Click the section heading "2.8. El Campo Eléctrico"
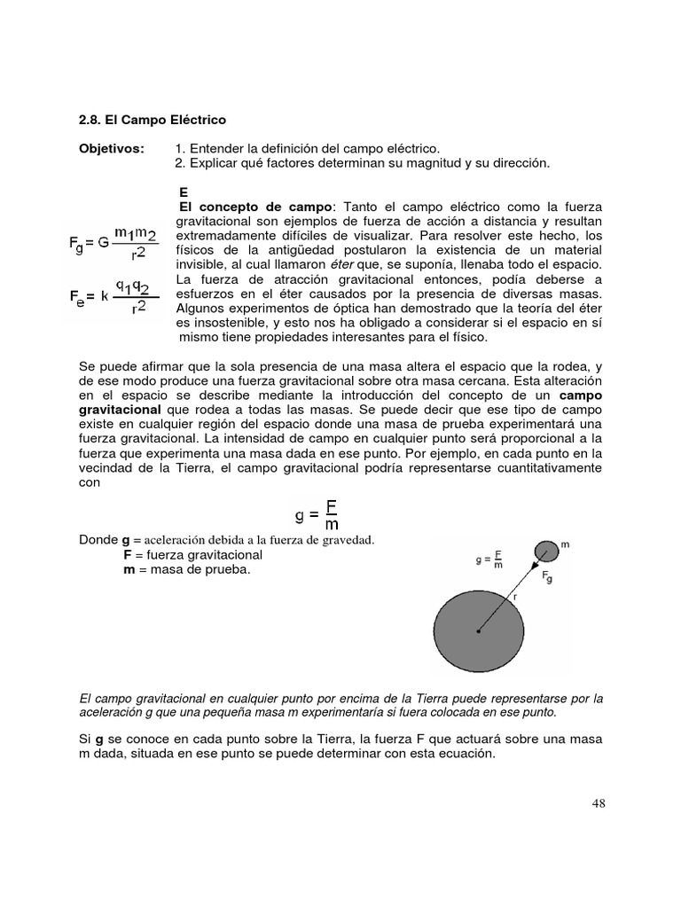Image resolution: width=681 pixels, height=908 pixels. coord(153,119)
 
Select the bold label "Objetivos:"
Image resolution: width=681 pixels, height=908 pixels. coord(112,148)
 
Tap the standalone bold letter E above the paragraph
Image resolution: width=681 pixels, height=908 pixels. coord(183,192)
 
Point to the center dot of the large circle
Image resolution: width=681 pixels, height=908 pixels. coord(478,630)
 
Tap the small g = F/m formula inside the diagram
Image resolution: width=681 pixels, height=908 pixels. coord(490,560)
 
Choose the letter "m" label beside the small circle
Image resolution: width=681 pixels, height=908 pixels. coord(564,544)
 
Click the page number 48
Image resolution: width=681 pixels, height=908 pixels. coord(599,804)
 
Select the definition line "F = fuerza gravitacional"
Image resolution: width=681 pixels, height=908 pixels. coord(192,555)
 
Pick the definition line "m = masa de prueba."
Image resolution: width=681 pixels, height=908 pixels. coord(186,570)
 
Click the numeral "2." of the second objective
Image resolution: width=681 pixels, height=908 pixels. coord(181,163)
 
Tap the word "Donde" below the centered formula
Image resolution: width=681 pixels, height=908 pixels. coord(98,540)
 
